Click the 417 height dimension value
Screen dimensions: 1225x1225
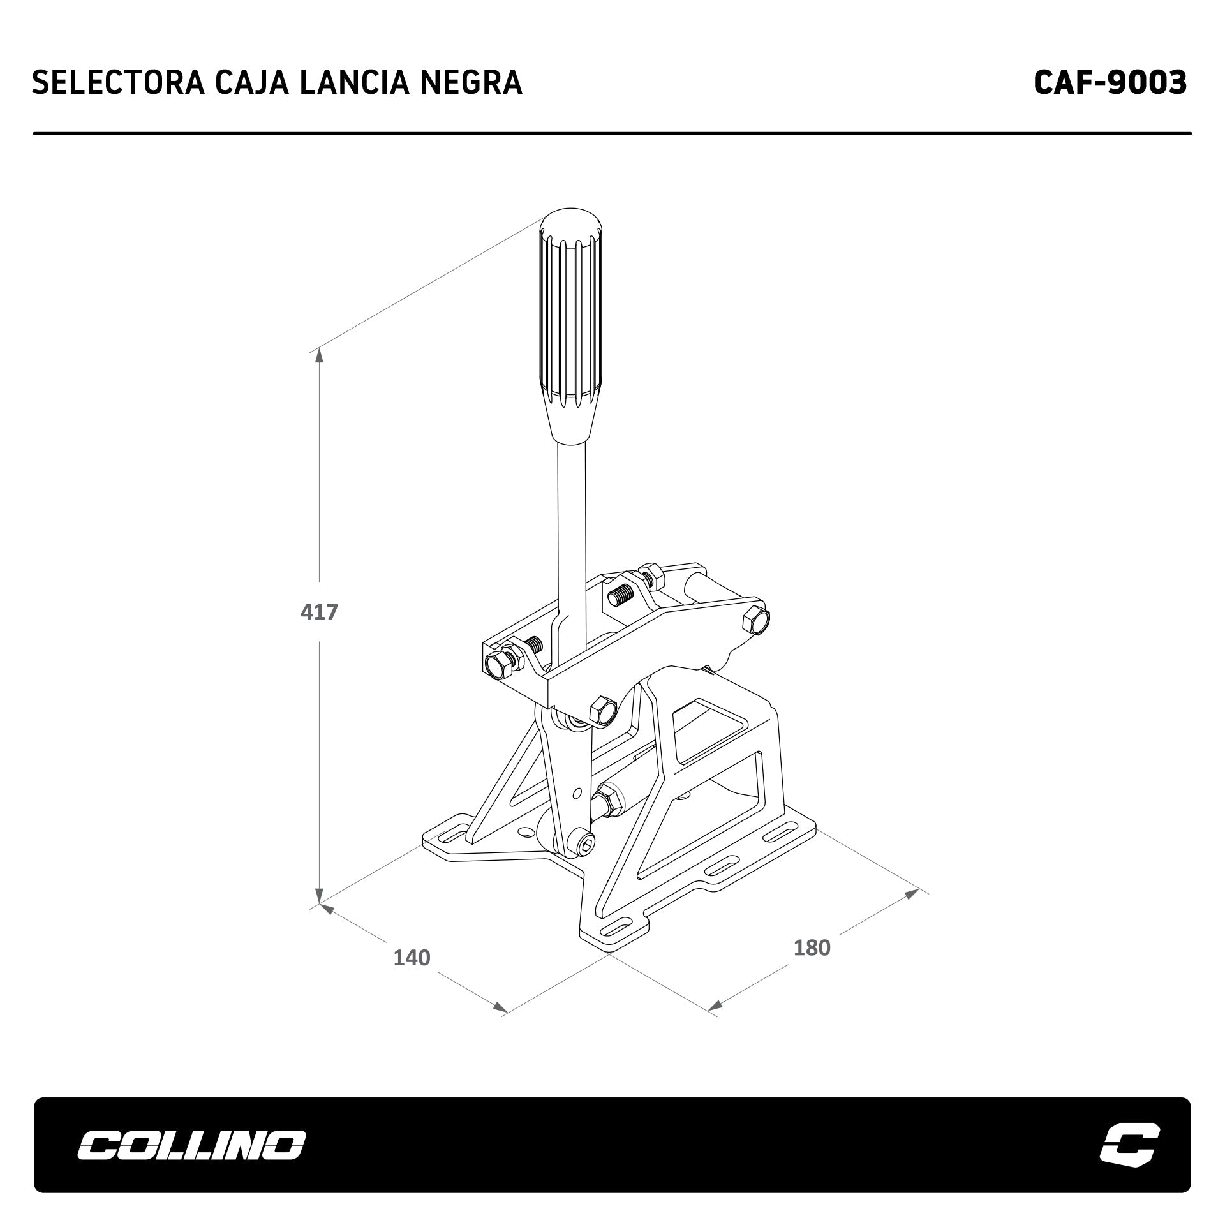[x=319, y=612]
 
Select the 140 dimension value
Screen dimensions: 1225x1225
[x=412, y=976]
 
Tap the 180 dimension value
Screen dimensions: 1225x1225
[x=812, y=966]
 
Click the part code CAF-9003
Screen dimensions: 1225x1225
[x=1110, y=82]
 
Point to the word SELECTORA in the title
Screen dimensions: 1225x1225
[x=118, y=82]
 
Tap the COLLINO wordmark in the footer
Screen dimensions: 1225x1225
[x=191, y=1144]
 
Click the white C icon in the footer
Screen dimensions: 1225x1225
[x=1130, y=1143]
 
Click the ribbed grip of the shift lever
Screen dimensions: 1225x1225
[x=571, y=325]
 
